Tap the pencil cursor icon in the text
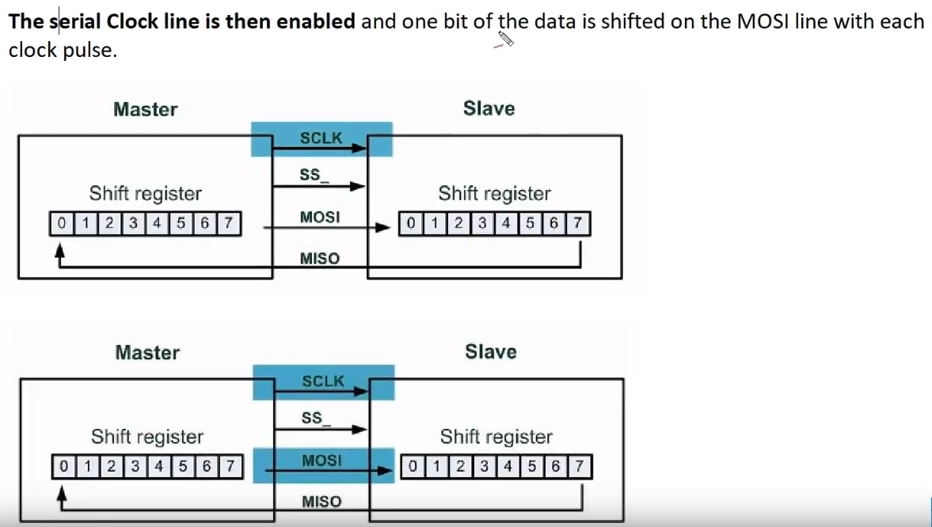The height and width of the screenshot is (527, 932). tap(504, 39)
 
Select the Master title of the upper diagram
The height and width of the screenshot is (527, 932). tap(146, 109)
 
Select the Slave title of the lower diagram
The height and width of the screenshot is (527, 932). tap(490, 351)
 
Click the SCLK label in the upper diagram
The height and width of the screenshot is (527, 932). tap(321, 138)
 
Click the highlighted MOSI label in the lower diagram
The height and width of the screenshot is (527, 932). tap(321, 460)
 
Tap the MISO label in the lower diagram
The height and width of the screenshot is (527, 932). tap(321, 501)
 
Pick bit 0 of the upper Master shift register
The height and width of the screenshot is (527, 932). tap(61, 224)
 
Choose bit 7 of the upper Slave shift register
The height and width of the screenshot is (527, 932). tap(578, 224)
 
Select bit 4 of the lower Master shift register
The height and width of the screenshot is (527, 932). tap(157, 467)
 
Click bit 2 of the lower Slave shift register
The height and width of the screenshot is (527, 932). tap(459, 467)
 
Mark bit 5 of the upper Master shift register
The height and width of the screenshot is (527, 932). tap(180, 224)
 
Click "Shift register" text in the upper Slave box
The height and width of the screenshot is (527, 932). tap(494, 193)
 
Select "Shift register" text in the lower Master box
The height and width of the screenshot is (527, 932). tap(146, 436)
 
